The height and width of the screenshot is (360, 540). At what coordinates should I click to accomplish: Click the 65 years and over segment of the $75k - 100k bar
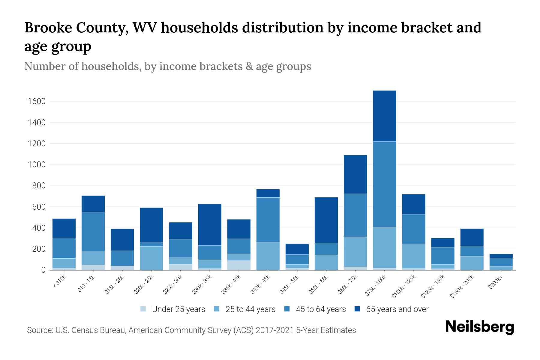click(384, 116)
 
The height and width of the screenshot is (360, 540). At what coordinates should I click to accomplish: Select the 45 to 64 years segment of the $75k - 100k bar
click(384, 184)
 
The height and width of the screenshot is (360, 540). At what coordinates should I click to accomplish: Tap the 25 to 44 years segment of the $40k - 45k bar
click(268, 256)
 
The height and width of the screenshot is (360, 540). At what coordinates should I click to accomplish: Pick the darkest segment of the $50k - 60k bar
click(326, 220)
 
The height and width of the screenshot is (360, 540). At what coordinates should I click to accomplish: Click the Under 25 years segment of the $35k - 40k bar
click(239, 265)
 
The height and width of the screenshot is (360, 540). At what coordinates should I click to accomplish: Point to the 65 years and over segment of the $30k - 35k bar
click(210, 224)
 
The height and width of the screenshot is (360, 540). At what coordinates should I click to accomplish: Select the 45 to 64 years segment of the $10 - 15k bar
click(93, 232)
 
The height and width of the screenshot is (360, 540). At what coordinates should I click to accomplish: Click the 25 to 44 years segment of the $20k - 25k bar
click(151, 258)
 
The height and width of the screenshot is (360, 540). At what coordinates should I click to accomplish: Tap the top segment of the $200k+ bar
click(501, 256)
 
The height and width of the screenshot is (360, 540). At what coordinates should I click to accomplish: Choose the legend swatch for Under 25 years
click(143, 309)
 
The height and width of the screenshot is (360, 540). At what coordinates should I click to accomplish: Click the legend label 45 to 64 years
click(321, 309)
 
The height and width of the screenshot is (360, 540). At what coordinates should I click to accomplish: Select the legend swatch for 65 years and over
click(357, 309)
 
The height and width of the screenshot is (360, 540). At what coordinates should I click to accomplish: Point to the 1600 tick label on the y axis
click(37, 101)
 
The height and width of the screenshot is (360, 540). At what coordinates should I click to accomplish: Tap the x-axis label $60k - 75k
click(348, 285)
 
